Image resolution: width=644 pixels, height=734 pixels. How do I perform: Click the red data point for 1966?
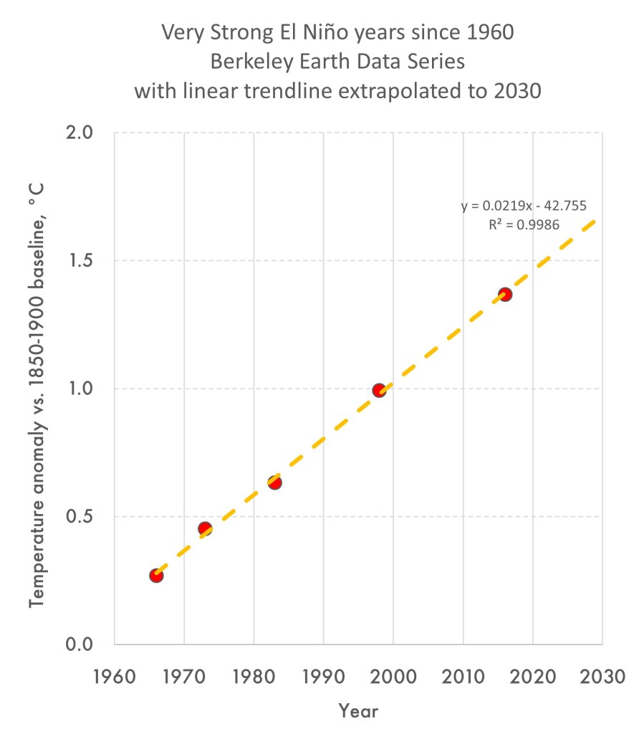(156, 575)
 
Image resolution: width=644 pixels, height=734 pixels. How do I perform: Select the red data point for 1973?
(205, 529)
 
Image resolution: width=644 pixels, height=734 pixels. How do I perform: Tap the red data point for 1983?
(274, 482)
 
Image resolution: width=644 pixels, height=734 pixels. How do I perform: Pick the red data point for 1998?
(379, 390)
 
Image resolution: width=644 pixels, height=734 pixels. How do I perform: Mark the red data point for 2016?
(505, 294)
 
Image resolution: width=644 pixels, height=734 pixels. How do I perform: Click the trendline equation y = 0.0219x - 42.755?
(524, 206)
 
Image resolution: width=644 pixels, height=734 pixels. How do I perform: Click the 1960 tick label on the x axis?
(115, 677)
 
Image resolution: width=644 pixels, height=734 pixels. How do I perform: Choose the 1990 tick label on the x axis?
(324, 677)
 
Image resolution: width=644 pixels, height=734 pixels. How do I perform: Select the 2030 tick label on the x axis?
(602, 677)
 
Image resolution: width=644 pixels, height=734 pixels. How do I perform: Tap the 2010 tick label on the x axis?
(463, 677)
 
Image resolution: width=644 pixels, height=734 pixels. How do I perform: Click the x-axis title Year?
(358, 711)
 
